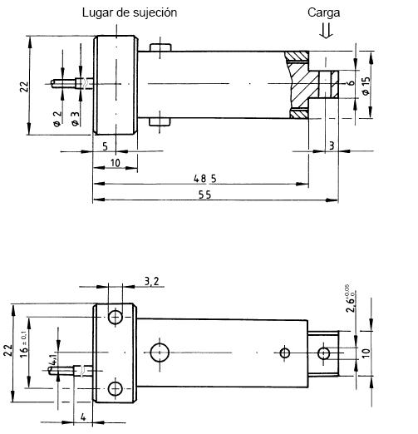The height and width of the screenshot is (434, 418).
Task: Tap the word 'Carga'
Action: [324, 12]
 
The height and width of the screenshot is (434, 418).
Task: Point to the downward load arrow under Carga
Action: [326, 32]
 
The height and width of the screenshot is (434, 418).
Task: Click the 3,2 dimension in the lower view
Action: [150, 282]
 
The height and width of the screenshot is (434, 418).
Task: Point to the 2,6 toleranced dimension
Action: [351, 300]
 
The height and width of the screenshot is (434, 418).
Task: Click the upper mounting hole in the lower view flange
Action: [115, 317]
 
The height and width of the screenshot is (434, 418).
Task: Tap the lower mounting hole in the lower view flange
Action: [115, 388]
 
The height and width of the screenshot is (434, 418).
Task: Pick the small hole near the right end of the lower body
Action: [285, 353]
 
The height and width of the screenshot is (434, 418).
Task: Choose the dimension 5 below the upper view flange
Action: [104, 145]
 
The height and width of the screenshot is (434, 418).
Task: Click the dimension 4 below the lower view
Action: [84, 417]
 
